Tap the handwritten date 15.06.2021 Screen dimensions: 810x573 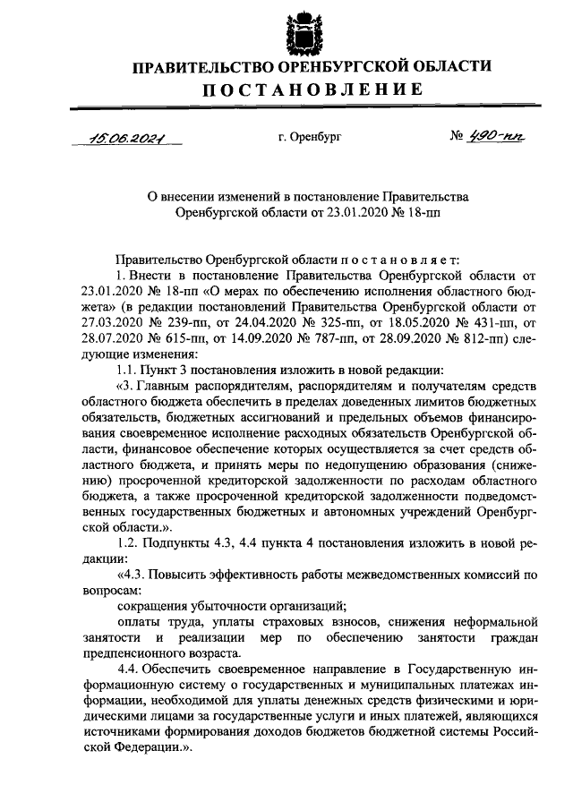click(131, 138)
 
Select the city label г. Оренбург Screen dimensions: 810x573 click(309, 138)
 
